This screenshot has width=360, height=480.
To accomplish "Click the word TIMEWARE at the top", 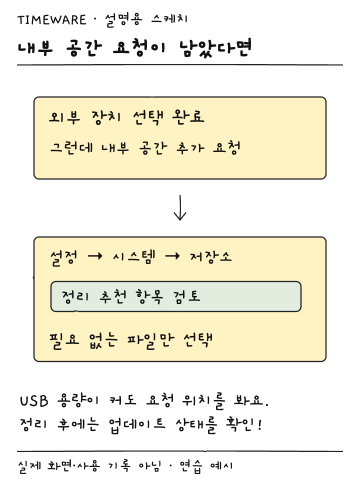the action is (x=51, y=20).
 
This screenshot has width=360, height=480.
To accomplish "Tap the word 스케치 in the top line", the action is (x=169, y=19).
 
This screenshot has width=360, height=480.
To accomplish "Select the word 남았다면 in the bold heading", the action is (x=215, y=48).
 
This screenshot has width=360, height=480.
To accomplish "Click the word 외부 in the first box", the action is (x=64, y=116).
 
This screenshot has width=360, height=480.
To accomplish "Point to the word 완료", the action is (x=188, y=116).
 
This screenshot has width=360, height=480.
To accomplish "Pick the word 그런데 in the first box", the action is (x=71, y=148).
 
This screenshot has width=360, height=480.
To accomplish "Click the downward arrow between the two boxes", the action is (x=180, y=208).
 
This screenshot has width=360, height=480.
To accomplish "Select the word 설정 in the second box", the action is (x=63, y=258).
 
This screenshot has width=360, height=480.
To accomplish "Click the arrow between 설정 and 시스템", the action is (x=95, y=256).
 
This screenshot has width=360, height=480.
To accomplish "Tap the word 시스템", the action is (x=134, y=256).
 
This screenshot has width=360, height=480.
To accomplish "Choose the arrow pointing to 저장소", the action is (x=172, y=256).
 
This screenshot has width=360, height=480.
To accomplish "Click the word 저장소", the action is (x=211, y=257).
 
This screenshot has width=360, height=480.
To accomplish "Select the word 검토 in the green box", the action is (x=186, y=296).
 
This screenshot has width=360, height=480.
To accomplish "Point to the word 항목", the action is (x=149, y=296).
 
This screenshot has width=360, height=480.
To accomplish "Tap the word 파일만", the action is (x=150, y=340).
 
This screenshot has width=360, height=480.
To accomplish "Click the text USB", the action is (x=34, y=400).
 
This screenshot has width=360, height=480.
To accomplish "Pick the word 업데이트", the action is (x=137, y=425).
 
